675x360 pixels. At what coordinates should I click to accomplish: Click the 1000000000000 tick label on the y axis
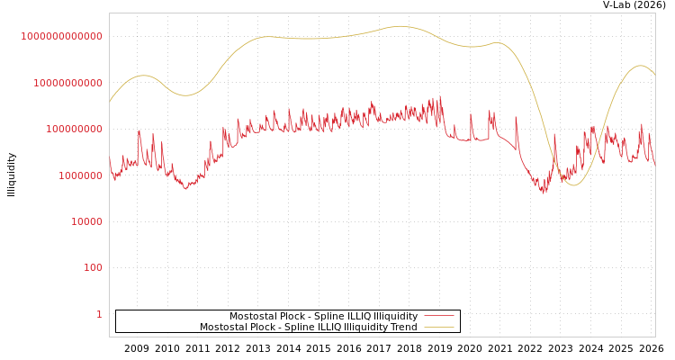[62, 36]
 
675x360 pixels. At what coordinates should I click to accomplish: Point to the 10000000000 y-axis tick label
[67, 83]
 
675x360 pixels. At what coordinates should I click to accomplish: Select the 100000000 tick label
[74, 129]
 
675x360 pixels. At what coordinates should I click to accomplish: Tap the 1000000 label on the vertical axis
[79, 175]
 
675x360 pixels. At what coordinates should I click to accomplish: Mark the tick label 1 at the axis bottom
[99, 314]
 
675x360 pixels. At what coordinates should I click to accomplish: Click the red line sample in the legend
[438, 316]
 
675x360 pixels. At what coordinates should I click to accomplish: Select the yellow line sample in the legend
[438, 327]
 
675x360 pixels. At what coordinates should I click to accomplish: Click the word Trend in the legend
[402, 327]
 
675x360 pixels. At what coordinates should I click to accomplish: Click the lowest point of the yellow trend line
[573, 185]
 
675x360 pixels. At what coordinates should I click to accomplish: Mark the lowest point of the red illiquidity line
[543, 193]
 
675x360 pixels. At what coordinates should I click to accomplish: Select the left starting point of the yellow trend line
[110, 102]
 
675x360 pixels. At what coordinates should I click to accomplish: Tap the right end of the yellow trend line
[654, 74]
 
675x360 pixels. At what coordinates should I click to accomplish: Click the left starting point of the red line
[110, 159]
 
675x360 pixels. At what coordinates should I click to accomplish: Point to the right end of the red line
[654, 163]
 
